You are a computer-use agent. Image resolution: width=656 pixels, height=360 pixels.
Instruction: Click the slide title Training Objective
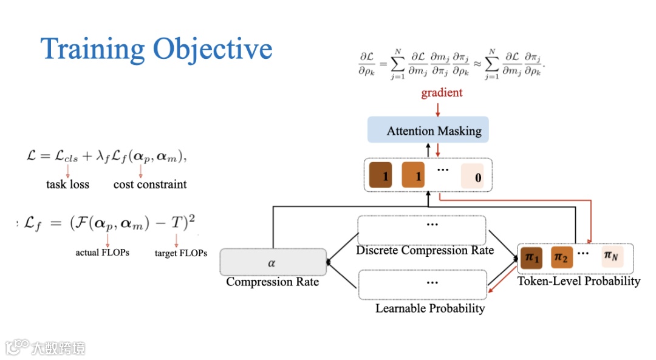click(156, 49)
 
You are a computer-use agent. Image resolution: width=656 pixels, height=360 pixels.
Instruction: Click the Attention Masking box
click(428, 131)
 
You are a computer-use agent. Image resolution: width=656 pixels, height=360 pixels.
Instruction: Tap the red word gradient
click(442, 93)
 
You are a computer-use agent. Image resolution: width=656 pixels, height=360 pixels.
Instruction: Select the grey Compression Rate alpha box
click(272, 262)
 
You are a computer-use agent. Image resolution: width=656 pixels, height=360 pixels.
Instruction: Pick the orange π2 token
click(561, 258)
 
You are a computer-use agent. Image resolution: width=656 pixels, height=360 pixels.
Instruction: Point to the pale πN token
click(611, 257)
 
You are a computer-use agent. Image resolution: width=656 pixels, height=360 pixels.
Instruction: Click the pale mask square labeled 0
click(473, 176)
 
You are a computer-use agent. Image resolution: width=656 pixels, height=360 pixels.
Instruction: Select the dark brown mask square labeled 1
click(381, 176)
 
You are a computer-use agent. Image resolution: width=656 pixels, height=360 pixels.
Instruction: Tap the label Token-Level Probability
click(578, 281)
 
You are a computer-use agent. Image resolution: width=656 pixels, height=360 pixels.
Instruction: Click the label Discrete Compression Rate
click(425, 250)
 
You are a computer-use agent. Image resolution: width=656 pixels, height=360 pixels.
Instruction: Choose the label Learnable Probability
click(430, 308)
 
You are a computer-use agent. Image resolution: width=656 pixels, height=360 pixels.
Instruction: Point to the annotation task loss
click(67, 184)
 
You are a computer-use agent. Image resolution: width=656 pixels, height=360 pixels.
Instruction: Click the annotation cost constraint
click(150, 184)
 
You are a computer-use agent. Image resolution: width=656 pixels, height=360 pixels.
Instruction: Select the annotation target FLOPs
click(181, 253)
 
